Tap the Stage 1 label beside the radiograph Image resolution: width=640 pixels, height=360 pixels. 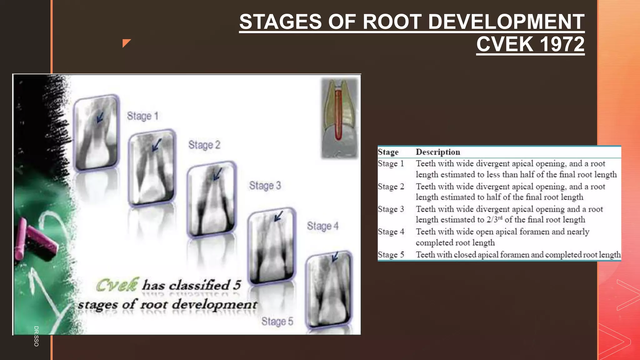pyautogui.click(x=142, y=116)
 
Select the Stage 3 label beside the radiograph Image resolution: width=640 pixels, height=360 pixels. pyautogui.click(x=265, y=186)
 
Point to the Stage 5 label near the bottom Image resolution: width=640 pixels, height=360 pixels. pyautogui.click(x=277, y=322)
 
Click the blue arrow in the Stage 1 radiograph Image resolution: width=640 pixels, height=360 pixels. pyautogui.click(x=100, y=118)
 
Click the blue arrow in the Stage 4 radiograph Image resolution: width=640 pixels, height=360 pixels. pyautogui.click(x=278, y=216)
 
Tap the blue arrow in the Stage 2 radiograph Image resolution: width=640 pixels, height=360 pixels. pyautogui.click(x=157, y=145)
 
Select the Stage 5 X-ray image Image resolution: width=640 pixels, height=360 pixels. pyautogui.click(x=329, y=291)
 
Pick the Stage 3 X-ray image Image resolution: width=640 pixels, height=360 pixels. pyautogui.click(x=212, y=199)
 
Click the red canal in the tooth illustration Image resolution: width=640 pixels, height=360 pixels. pyautogui.click(x=338, y=116)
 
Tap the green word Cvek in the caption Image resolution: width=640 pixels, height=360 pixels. pyautogui.click(x=117, y=285)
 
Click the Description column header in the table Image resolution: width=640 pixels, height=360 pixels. pyautogui.click(x=438, y=152)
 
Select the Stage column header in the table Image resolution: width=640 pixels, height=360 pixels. pyautogui.click(x=388, y=152)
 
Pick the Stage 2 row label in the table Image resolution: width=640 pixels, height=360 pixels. pyautogui.click(x=391, y=187)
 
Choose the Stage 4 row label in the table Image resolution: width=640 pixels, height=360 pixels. pyautogui.click(x=391, y=232)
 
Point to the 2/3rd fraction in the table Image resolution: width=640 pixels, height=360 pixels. pyautogui.click(x=494, y=219)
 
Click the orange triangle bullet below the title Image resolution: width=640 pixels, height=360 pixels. pyautogui.click(x=126, y=43)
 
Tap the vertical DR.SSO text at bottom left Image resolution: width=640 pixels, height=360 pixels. pyautogui.click(x=36, y=336)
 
